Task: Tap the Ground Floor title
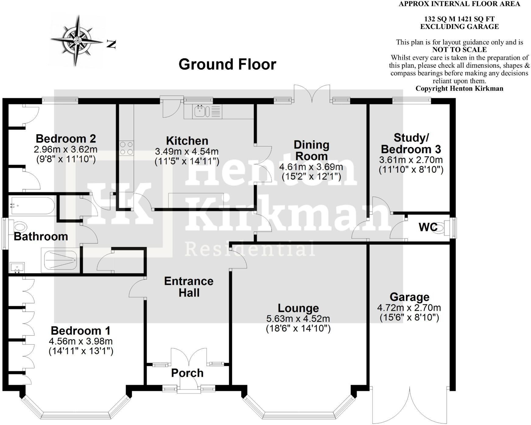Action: click(227, 64)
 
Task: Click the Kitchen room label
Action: click(187, 141)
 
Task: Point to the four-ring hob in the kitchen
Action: click(126, 148)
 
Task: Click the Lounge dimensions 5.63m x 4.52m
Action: click(298, 319)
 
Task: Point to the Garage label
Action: click(409, 297)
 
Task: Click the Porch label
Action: click(187, 373)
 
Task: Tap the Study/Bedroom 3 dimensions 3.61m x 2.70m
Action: click(411, 160)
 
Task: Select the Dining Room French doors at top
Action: click(312, 95)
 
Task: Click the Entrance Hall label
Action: click(188, 287)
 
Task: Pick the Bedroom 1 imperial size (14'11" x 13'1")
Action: click(81, 351)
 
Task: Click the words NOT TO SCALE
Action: click(459, 50)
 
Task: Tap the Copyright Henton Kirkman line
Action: click(459, 88)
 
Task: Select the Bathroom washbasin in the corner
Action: click(16, 268)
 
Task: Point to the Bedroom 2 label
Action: click(66, 139)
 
